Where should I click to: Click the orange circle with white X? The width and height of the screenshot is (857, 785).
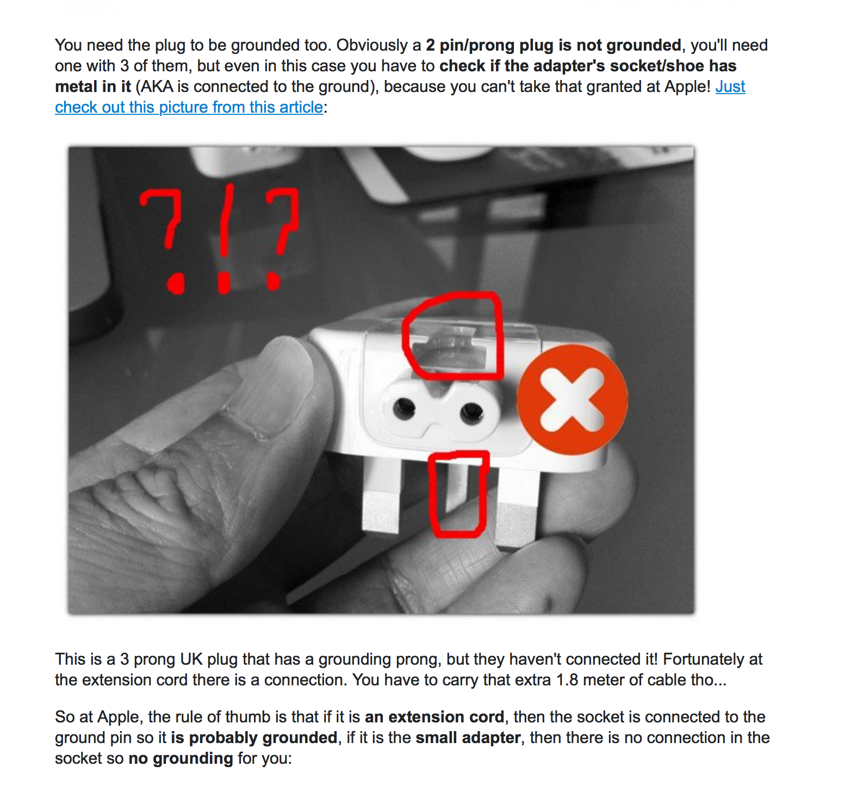572,400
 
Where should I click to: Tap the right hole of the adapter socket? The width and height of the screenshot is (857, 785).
471,413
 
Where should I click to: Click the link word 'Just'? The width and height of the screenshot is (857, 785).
730,87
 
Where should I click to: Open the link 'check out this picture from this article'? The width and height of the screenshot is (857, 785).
189,107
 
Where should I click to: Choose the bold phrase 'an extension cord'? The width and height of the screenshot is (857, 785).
434,717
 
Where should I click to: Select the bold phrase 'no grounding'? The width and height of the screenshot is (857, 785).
181,758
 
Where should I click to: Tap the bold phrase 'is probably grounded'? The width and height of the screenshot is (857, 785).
254,738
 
